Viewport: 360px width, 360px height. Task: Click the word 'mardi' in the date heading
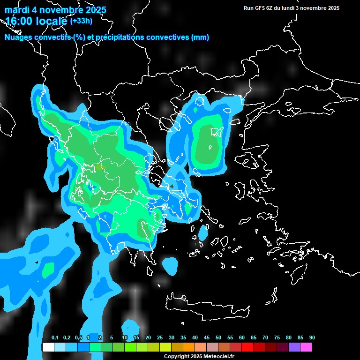[16, 10]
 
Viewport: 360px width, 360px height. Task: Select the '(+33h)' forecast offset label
[81, 21]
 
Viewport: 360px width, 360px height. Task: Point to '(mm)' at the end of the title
[200, 37]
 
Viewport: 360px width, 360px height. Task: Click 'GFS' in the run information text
[259, 8]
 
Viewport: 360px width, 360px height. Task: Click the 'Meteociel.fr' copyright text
[212, 356]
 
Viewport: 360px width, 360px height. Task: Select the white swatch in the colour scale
[48, 347]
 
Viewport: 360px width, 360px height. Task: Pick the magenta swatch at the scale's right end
[306, 347]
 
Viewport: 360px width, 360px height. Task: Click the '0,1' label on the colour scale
[55, 338]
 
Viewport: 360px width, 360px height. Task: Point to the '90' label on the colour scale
[312, 338]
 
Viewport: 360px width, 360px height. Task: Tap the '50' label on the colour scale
[218, 338]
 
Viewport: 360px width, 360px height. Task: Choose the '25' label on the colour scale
[160, 338]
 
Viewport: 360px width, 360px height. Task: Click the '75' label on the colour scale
[277, 338]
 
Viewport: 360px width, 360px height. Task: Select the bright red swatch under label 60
[247, 347]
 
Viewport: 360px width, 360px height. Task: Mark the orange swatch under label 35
[188, 347]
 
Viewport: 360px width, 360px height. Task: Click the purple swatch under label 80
[294, 347]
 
